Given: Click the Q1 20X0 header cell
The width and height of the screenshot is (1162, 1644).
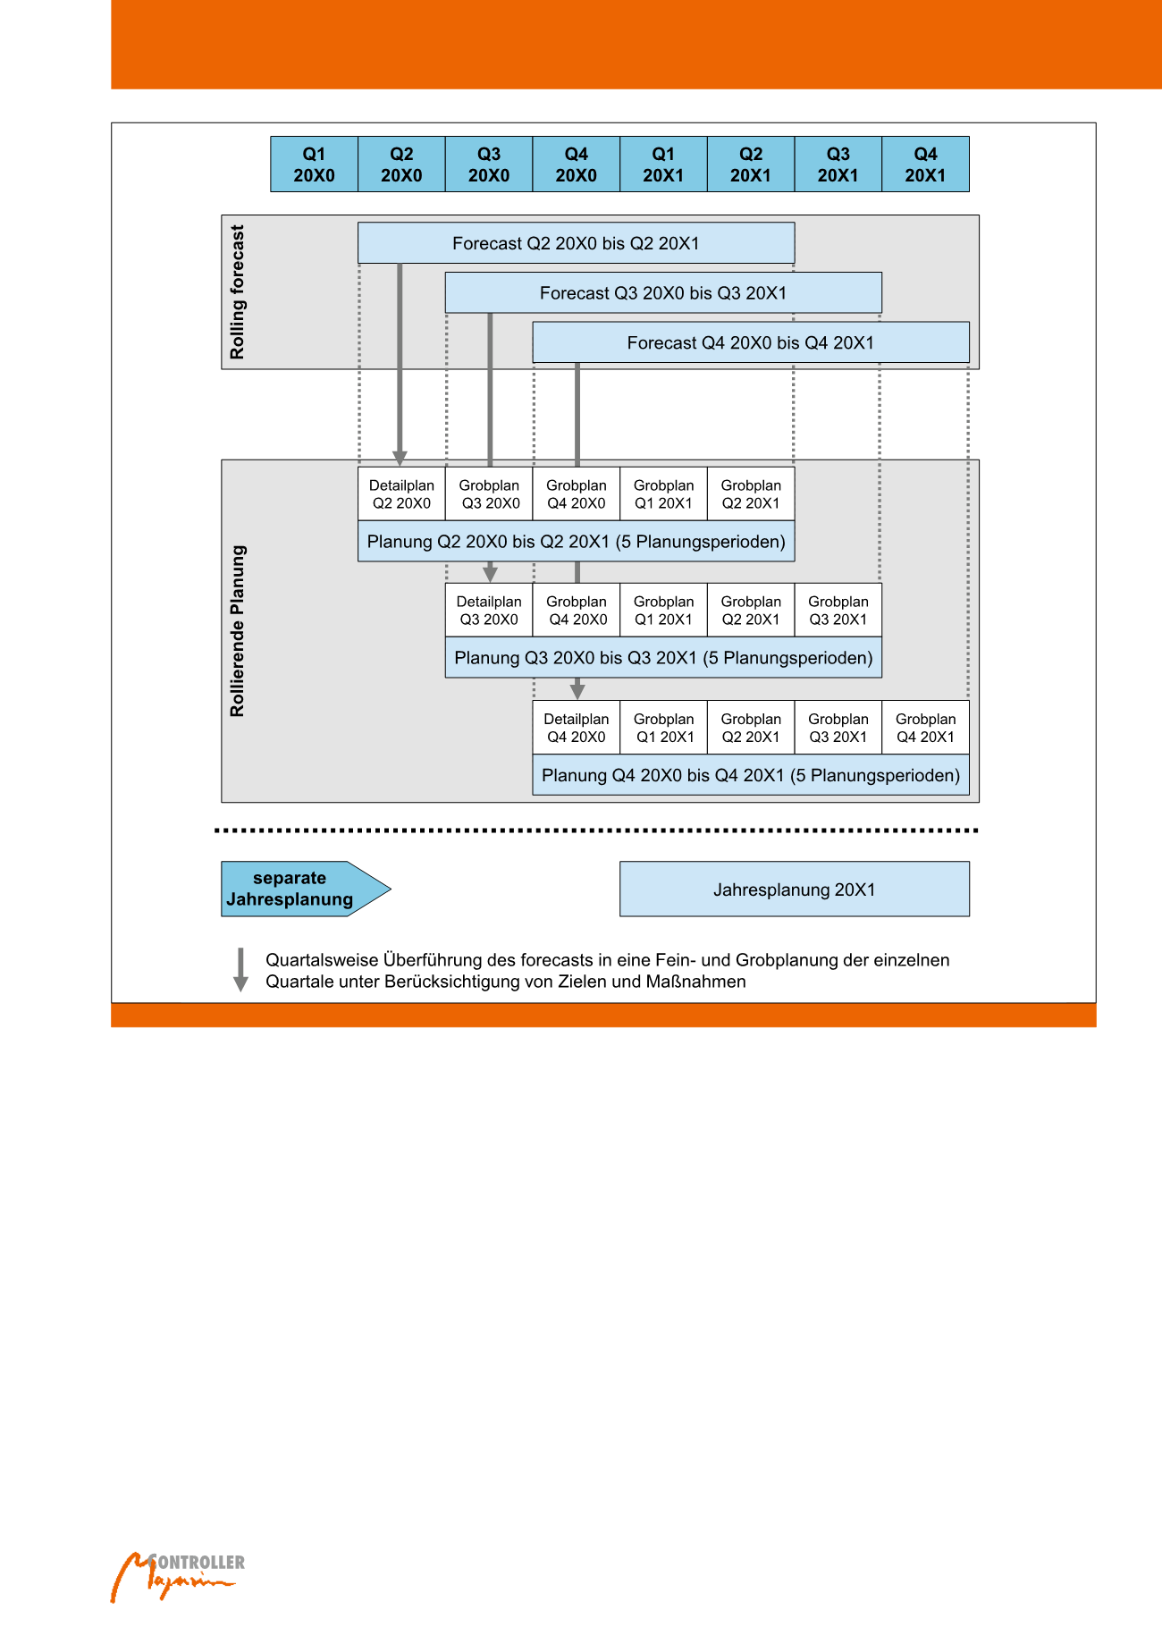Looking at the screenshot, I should (314, 164).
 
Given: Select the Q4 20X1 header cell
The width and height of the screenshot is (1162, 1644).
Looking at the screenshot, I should (925, 164).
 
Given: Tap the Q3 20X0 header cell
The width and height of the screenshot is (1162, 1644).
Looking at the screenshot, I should (489, 164).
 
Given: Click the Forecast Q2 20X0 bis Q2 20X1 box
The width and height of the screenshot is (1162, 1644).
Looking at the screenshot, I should (576, 243).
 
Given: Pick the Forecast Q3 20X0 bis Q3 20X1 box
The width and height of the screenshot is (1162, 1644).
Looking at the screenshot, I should (663, 293).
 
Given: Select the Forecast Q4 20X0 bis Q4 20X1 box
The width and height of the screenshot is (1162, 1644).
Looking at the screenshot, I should (751, 342).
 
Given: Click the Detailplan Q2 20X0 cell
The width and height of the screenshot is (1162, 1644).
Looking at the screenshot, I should (401, 494).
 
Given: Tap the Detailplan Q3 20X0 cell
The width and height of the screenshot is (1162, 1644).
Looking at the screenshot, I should (489, 611).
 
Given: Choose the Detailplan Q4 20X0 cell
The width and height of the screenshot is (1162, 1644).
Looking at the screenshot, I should (577, 728).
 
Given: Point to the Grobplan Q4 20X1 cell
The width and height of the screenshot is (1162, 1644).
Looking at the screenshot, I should (925, 728).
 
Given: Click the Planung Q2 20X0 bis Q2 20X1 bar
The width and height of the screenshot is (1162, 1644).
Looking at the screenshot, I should (576, 542).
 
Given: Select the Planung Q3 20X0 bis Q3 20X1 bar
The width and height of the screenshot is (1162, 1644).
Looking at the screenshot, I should (663, 658).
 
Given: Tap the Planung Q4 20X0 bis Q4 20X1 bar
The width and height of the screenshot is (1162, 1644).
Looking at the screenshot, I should (751, 775).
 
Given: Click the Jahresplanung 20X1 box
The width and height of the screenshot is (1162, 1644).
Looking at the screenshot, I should (794, 889).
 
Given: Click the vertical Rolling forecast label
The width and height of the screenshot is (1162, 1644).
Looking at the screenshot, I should (237, 292).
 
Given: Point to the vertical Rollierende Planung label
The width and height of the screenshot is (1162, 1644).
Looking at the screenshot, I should (237, 631).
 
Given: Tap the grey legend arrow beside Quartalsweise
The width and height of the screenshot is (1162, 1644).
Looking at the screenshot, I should (240, 970).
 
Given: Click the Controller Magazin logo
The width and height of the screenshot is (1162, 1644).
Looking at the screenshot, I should (177, 1576).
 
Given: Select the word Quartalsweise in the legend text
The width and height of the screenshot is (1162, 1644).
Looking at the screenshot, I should (322, 960).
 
